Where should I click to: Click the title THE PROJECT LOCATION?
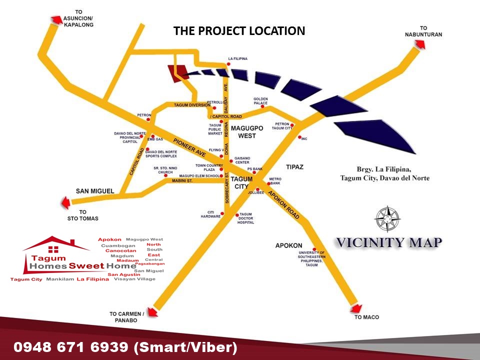click(x=239, y=31)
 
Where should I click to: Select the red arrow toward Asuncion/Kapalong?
click(x=55, y=19)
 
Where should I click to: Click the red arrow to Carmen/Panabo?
click(x=152, y=311)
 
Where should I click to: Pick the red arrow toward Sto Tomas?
click(x=64, y=202)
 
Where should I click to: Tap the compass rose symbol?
click(x=388, y=218)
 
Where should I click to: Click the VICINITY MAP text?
click(x=388, y=243)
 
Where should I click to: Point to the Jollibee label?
click(x=255, y=192)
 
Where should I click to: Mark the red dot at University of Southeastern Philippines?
click(x=314, y=249)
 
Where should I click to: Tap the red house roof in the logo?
click(x=55, y=243)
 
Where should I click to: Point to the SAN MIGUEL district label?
click(x=95, y=191)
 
